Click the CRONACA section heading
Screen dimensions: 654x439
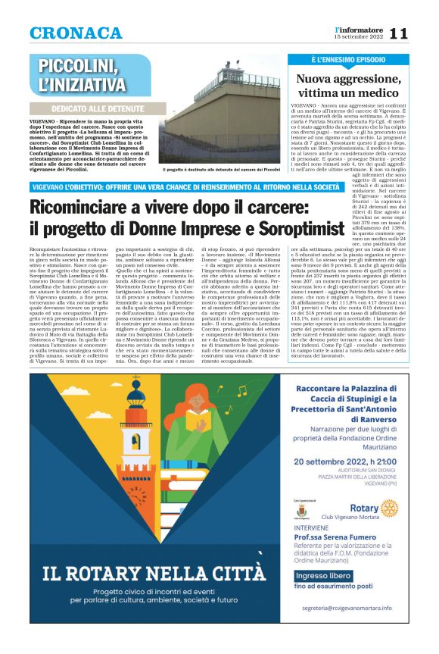pos(76,33)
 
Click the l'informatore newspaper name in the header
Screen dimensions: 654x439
pos(360,29)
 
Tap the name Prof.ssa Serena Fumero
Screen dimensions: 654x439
pos(335,536)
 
